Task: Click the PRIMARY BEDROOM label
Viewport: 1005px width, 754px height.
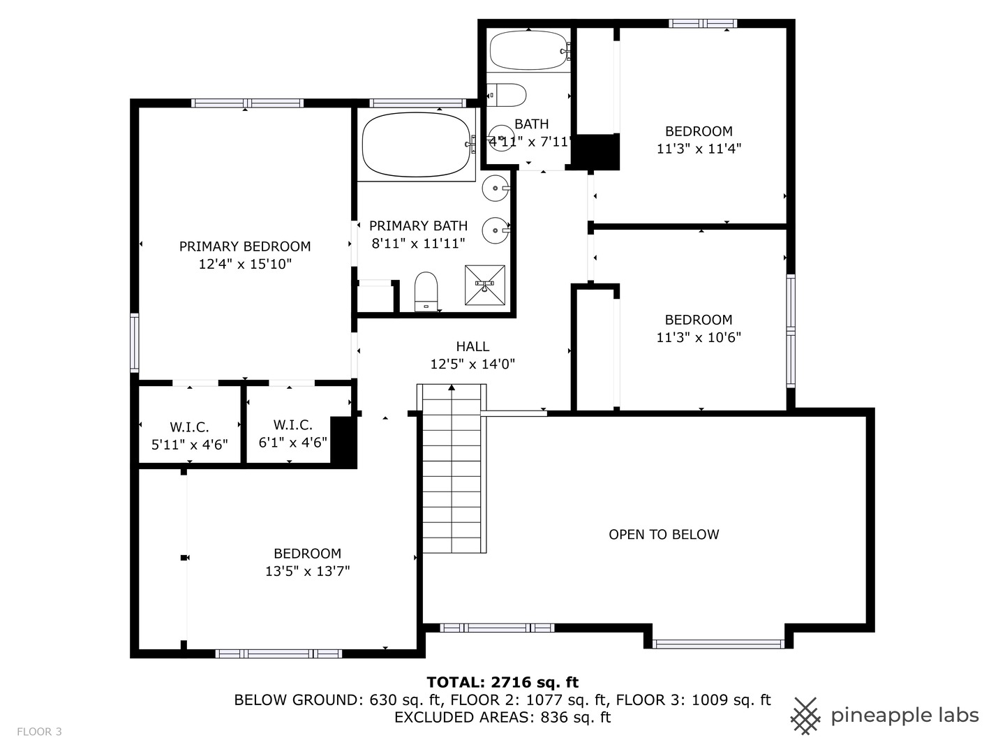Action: [x=245, y=246]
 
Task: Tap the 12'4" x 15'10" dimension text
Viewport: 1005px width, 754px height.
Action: [x=245, y=264]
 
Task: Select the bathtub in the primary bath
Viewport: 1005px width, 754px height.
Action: [x=416, y=145]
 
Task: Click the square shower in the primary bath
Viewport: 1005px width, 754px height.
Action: [x=485, y=285]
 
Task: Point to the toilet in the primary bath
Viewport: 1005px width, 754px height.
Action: [x=426, y=292]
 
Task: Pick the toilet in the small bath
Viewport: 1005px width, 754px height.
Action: [x=507, y=95]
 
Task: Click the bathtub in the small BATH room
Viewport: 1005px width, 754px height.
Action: [x=529, y=50]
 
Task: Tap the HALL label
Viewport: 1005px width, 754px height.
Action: [x=472, y=346]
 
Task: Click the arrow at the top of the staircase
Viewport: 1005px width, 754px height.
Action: [x=452, y=387]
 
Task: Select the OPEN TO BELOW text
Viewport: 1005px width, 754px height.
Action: [x=664, y=535]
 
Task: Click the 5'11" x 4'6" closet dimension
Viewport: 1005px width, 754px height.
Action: [x=190, y=445]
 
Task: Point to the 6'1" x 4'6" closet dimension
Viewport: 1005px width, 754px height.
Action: [x=293, y=442]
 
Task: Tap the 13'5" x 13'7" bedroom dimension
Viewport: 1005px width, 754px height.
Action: [x=308, y=571]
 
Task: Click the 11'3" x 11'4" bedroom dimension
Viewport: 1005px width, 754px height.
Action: [x=699, y=149]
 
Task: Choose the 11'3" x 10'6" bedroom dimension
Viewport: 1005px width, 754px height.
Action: [x=699, y=337]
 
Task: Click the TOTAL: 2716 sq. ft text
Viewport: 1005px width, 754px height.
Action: [x=502, y=683]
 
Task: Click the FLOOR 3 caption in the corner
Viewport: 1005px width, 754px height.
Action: [x=39, y=732]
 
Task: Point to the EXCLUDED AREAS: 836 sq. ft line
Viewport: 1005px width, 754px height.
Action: [x=502, y=718]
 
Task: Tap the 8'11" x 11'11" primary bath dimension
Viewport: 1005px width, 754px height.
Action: [x=419, y=244]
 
